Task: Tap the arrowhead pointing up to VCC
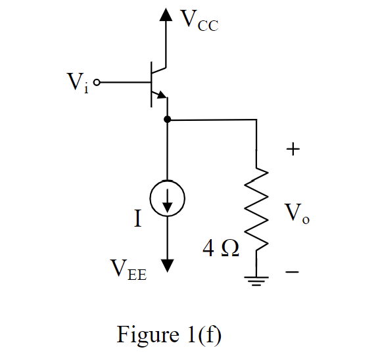point(167,14)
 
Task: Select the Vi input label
point(78,84)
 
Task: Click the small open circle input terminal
point(98,83)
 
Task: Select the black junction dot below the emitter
point(167,120)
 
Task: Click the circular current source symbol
point(167,198)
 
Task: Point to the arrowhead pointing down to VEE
point(167,264)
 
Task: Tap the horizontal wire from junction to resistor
point(210,120)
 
